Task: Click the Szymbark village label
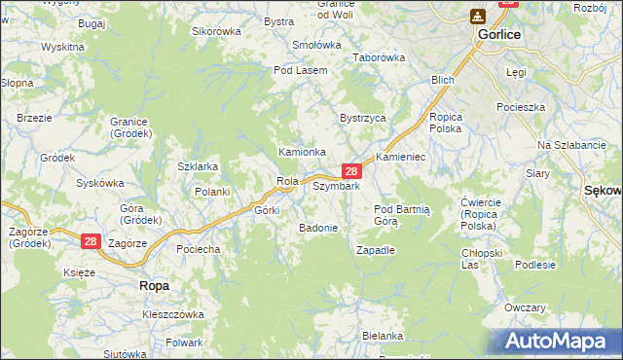click(x=337, y=186)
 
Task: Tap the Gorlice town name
click(x=499, y=34)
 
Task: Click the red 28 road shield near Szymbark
click(x=356, y=171)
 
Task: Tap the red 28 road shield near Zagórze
click(x=90, y=240)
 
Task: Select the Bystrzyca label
click(x=362, y=118)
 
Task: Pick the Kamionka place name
click(x=302, y=153)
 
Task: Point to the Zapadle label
click(x=376, y=250)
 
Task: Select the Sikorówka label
click(x=216, y=31)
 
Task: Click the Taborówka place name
click(x=379, y=57)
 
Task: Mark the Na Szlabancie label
click(x=571, y=145)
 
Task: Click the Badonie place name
click(x=318, y=228)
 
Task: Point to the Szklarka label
click(x=198, y=166)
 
